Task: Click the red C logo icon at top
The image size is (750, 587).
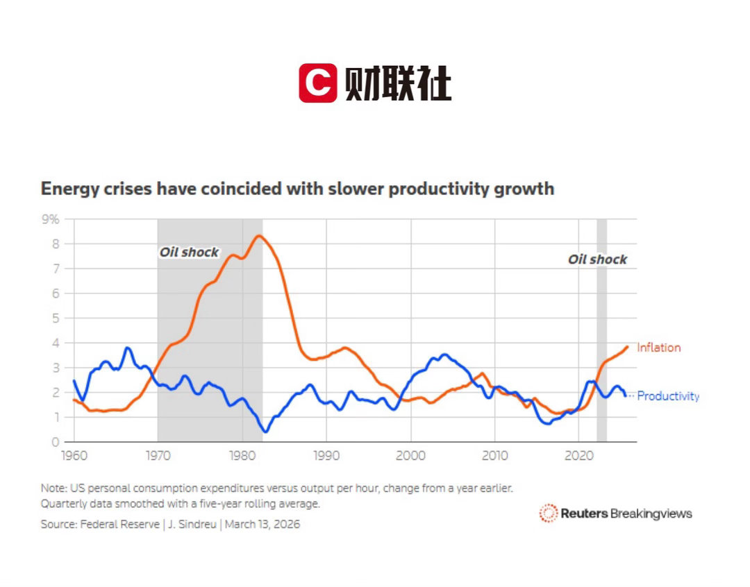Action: [318, 83]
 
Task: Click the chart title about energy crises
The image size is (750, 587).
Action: [297, 189]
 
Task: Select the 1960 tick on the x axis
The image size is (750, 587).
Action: [74, 455]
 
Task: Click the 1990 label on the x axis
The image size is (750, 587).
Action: [326, 455]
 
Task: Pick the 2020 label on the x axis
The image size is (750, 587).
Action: [578, 455]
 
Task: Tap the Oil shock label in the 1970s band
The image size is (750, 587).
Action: [189, 253]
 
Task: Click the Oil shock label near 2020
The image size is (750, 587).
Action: [597, 260]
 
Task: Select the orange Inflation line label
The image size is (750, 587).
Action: [658, 348]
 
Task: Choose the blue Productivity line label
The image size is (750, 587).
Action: [668, 396]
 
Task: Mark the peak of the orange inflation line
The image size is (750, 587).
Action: [259, 236]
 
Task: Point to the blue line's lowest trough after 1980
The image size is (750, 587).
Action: [265, 432]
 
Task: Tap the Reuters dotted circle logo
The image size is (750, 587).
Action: [549, 513]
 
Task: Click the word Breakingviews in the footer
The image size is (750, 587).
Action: [651, 513]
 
